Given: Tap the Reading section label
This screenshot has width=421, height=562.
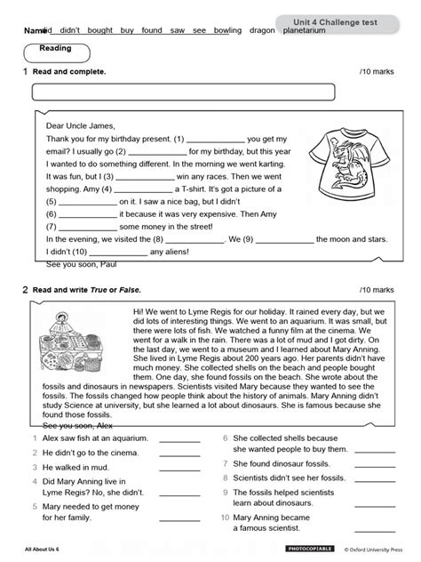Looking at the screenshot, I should coord(60,50).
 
